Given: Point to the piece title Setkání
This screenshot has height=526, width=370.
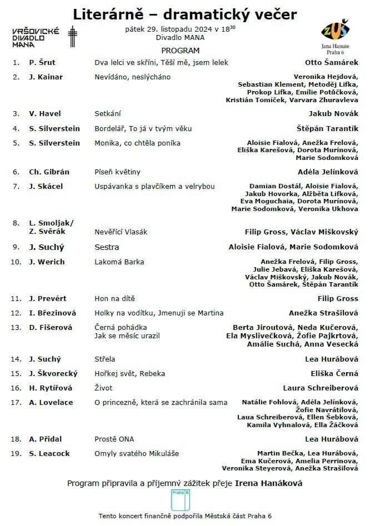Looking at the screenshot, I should (x=108, y=113).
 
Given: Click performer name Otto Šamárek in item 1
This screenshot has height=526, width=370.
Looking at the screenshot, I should (x=332, y=63).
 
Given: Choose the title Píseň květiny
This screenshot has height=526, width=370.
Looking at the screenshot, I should (x=117, y=172).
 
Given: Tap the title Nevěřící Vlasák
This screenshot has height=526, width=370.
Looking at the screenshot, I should (x=121, y=232).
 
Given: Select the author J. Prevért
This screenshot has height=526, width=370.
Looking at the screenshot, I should (x=47, y=298).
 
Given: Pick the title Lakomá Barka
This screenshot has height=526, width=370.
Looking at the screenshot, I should (x=119, y=262).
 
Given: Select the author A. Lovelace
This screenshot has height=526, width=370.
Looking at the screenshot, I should (x=51, y=402).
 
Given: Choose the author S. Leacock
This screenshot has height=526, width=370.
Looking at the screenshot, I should (x=49, y=453).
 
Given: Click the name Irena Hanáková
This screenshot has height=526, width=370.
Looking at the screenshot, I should (x=269, y=483).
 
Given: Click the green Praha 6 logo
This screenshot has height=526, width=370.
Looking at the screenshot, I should (x=181, y=499).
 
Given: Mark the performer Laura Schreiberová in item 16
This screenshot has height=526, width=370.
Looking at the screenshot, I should (x=321, y=388).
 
